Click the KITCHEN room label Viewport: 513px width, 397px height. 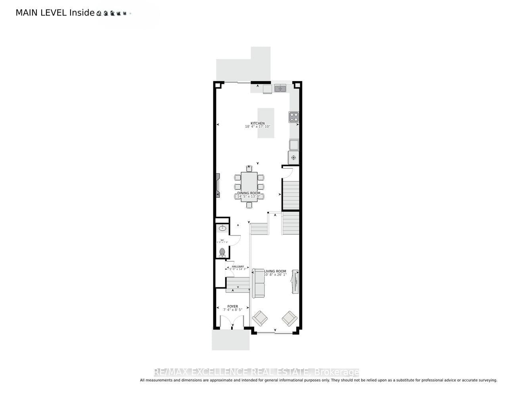[257, 123]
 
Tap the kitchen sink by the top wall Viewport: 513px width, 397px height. [280, 88]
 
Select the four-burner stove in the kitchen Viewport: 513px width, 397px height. [294, 117]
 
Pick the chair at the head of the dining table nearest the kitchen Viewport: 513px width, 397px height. [249, 168]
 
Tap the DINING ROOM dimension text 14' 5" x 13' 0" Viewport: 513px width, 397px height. [249, 197]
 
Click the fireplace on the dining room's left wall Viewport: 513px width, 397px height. [218, 185]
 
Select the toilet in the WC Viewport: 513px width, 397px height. [222, 252]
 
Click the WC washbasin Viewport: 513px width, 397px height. [222, 228]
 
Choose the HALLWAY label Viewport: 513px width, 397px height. [238, 266]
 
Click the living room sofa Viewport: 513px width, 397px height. [258, 283]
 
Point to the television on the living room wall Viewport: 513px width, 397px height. [295, 281]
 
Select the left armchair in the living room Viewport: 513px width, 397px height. [260, 318]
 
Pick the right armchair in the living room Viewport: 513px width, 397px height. [289, 318]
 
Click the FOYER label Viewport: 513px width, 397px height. [233, 306]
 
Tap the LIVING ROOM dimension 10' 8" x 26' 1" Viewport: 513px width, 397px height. [275, 274]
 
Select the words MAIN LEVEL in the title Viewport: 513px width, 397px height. [41, 13]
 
